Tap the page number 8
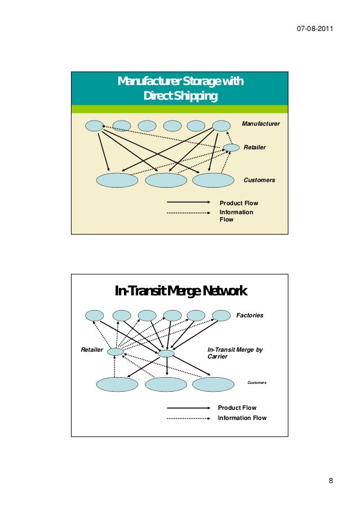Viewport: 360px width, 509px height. tap(331, 481)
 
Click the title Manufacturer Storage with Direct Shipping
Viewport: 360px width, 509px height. tap(180, 90)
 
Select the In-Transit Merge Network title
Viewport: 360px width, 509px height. tap(181, 291)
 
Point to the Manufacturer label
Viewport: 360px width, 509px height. tap(260, 123)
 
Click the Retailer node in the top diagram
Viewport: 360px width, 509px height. tap(231, 148)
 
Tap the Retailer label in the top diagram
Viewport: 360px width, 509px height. tap(255, 147)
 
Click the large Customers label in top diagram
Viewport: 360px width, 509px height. tap(259, 180)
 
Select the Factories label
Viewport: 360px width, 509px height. tap(250, 315)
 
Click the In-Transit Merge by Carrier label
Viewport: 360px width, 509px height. tap(235, 353)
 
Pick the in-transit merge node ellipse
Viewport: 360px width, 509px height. tap(166, 353)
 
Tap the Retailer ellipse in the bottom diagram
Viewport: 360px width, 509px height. tap(115, 352)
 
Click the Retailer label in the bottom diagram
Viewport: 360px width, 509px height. tap(92, 350)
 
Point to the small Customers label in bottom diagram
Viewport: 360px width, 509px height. tap(257, 383)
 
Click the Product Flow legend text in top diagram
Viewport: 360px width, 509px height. tap(238, 203)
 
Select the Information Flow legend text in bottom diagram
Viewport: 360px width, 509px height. tap(242, 418)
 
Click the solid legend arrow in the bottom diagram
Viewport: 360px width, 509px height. tap(189, 408)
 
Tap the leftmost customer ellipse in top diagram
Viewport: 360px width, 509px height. tap(117, 180)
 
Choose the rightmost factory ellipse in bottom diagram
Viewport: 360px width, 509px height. tap(222, 315)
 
